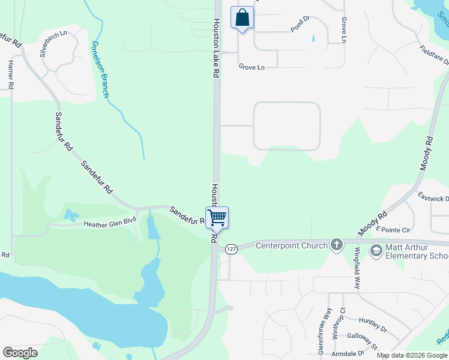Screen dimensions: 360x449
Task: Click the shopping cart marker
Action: pos(217,217)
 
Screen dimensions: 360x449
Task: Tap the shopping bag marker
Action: pos(243,17)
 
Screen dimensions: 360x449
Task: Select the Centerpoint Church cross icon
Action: pos(337,244)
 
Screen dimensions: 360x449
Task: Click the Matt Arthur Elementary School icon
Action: pos(376,250)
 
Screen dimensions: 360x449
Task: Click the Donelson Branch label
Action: pos(100,70)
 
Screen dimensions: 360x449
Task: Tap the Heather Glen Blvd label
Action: pos(110,222)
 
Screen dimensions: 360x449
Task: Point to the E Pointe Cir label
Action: pos(393,229)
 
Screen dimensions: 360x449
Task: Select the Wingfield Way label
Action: pos(357,268)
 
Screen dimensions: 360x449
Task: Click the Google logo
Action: pos(20,353)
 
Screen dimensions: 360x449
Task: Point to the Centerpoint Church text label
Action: pos(292,245)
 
